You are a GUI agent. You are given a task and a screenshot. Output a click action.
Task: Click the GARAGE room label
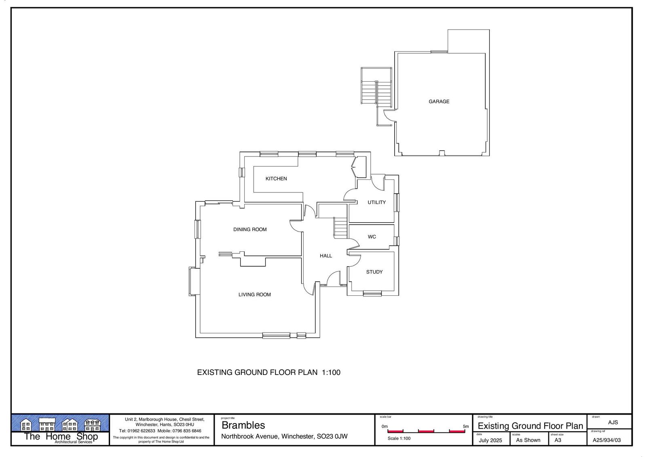point(439,101)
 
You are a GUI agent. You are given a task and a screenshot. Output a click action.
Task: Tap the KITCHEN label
point(276,179)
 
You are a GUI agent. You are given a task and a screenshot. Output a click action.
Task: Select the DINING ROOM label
point(250,230)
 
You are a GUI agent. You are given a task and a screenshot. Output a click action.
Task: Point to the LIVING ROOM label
point(254,295)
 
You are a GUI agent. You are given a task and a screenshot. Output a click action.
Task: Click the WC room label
point(372,237)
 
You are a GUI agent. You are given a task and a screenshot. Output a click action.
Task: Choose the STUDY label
point(374,272)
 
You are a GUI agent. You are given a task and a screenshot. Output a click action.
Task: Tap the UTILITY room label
point(376,202)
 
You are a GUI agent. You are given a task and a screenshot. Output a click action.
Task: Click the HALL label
point(326,256)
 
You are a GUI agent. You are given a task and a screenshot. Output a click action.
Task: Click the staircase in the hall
point(340,228)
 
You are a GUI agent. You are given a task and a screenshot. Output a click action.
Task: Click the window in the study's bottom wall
point(372,294)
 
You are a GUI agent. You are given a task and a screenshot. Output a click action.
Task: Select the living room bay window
point(194,281)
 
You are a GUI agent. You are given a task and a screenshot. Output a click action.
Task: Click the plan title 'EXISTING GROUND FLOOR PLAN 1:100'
point(269,373)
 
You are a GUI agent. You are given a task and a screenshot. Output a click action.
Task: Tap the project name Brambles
point(243,425)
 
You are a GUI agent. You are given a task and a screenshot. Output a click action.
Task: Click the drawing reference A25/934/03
point(607,440)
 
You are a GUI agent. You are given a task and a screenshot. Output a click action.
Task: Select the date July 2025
point(491,440)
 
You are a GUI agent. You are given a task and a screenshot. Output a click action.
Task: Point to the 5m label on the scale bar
point(465,426)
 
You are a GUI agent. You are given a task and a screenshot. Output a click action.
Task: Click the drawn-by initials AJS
point(613,422)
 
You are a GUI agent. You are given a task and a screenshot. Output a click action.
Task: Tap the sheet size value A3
point(558,440)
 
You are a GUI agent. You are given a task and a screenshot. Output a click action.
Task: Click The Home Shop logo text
point(61,436)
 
